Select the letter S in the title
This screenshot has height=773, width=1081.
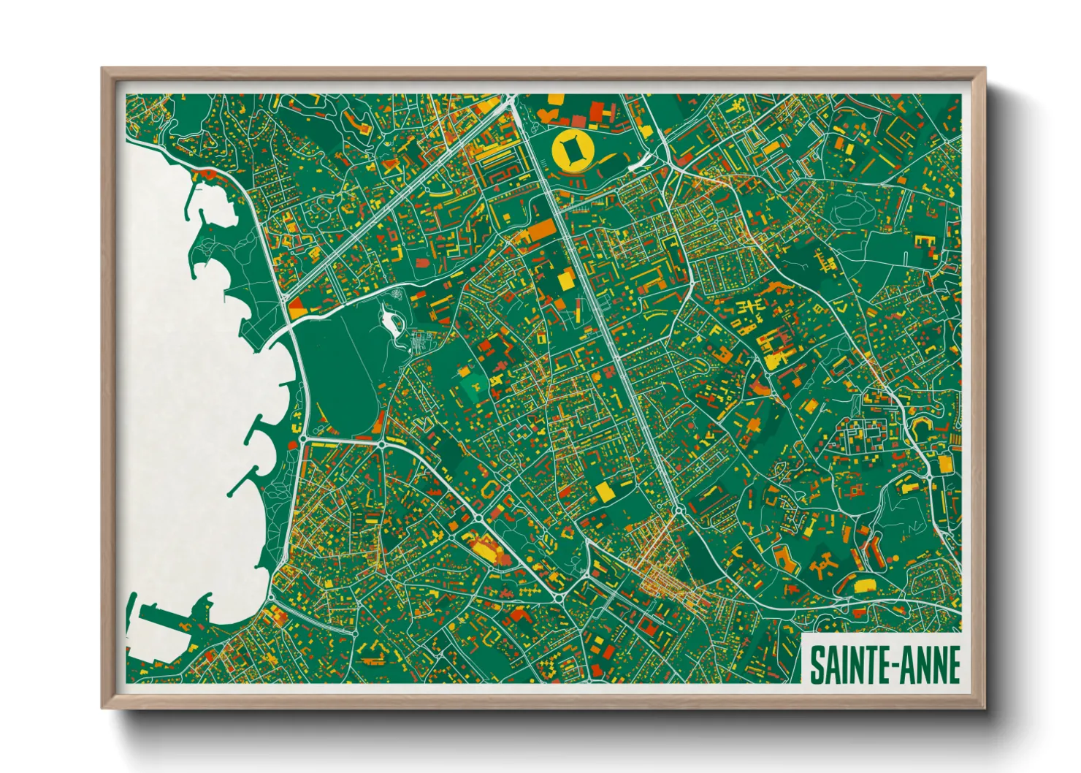click(817, 665)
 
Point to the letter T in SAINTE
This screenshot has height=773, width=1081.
click(863, 665)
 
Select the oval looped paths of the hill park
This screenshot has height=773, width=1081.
click(852, 210)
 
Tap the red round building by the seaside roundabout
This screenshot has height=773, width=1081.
click(207, 174)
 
